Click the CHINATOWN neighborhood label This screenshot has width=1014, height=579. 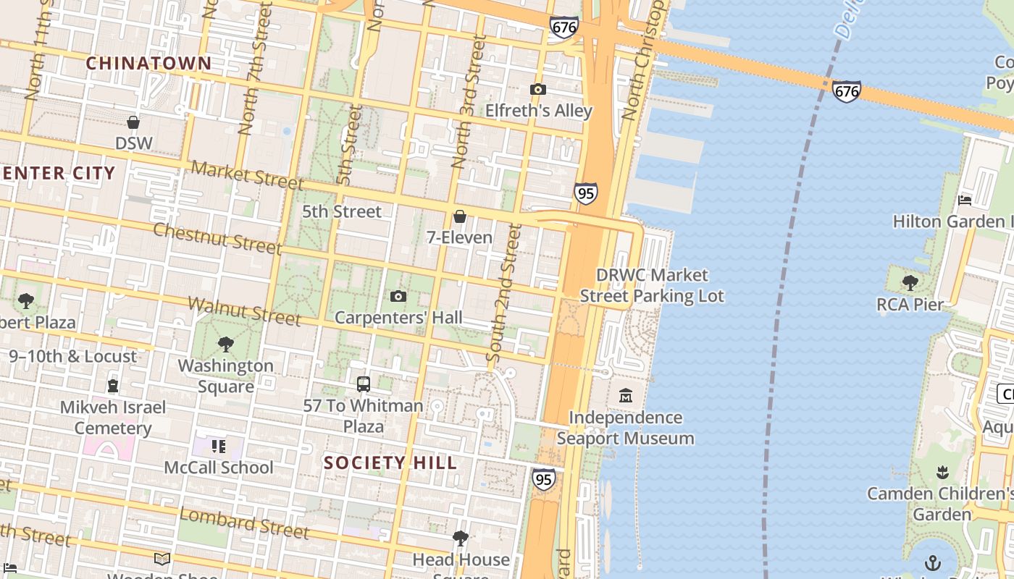tap(148, 64)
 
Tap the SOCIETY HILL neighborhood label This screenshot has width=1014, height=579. tap(390, 462)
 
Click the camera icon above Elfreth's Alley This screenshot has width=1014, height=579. tap(537, 90)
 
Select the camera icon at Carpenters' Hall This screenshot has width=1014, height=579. tap(398, 296)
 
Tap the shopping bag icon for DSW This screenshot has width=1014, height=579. tap(133, 122)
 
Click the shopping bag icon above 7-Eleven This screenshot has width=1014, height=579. tap(459, 216)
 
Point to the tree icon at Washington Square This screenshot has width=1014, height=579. tap(225, 345)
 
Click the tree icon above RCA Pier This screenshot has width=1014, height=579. tap(910, 283)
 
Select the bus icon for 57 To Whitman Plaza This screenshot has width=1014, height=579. tap(363, 384)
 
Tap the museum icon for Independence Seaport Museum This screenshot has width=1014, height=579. tap(626, 396)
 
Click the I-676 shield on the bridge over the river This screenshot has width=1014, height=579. tap(846, 91)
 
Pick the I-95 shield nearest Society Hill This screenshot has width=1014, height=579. tap(543, 478)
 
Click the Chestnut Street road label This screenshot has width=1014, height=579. tap(217, 238)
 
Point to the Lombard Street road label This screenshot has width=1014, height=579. tap(244, 523)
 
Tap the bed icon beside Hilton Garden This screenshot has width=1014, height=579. tap(964, 200)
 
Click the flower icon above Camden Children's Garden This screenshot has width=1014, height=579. tap(942, 473)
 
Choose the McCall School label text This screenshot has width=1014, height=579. tap(219, 468)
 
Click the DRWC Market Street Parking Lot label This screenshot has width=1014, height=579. tap(652, 285)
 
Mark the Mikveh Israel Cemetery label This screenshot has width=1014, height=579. tap(113, 418)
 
